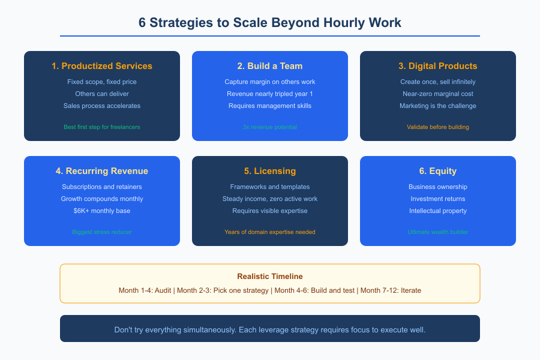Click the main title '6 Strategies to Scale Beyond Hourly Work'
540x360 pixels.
pyautogui.click(x=270, y=23)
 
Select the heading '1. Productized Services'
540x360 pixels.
pyautogui.click(x=102, y=66)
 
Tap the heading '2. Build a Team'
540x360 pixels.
pyautogui.click(x=270, y=66)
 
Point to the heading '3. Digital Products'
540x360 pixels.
pyautogui.click(x=438, y=66)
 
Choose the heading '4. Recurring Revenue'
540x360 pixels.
pyautogui.click(x=102, y=171)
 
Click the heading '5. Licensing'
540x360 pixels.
pyautogui.click(x=270, y=171)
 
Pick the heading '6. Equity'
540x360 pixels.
pyautogui.click(x=438, y=171)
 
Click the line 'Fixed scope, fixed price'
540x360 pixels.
pyautogui.click(x=102, y=82)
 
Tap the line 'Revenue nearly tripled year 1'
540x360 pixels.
pyautogui.click(x=270, y=94)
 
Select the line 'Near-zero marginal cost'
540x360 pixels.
pyautogui.click(x=438, y=94)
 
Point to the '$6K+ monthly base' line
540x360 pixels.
pyautogui.click(x=102, y=211)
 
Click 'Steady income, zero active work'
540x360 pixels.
pyautogui.click(x=270, y=199)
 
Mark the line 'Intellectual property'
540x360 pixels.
pyautogui.click(x=438, y=211)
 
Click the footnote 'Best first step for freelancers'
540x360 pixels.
pyautogui.click(x=102, y=127)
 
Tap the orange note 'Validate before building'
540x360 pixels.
pyautogui.click(x=438, y=127)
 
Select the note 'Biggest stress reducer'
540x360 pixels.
pyautogui.click(x=102, y=232)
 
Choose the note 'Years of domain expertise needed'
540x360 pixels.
pyautogui.click(x=270, y=232)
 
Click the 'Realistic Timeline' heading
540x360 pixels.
pyautogui.click(x=270, y=277)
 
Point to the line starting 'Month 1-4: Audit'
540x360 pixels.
pyautogui.click(x=270, y=290)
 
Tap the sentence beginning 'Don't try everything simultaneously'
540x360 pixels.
pyautogui.click(x=270, y=330)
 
